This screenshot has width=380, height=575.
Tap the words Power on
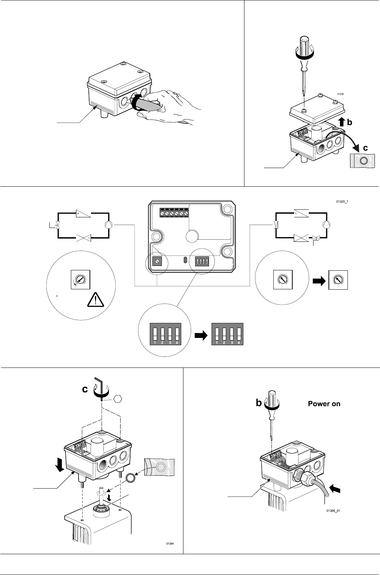coord(324,404)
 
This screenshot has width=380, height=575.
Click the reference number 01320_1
coord(342,202)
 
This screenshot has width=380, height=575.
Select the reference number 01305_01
coord(333,511)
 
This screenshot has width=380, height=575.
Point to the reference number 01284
coord(170,544)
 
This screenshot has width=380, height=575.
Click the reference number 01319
coord(340,94)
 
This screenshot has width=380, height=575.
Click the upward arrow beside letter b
coord(342,122)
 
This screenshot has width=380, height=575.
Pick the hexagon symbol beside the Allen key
coord(118,399)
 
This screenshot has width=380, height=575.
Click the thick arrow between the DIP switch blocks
coord(201,335)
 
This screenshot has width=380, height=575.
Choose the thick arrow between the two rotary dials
coord(319,281)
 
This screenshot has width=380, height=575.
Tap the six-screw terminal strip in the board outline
coord(174,213)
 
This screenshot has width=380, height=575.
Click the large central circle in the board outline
coord(192,236)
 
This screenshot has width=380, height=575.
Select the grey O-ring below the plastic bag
coord(130,478)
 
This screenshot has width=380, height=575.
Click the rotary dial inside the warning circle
coord(81,279)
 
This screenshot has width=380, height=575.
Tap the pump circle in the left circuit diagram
coord(109,225)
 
